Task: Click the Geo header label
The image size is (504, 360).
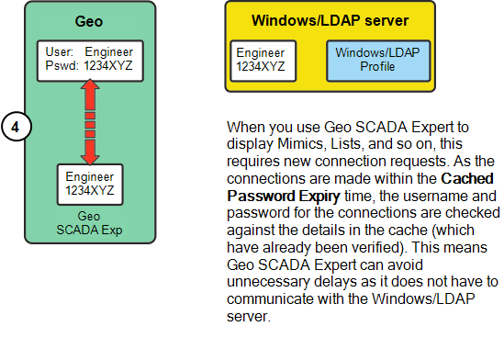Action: point(90,22)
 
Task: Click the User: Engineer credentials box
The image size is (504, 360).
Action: point(90,60)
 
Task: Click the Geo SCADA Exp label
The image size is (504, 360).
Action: point(90,223)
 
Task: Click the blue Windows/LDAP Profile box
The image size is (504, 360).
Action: point(376,61)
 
